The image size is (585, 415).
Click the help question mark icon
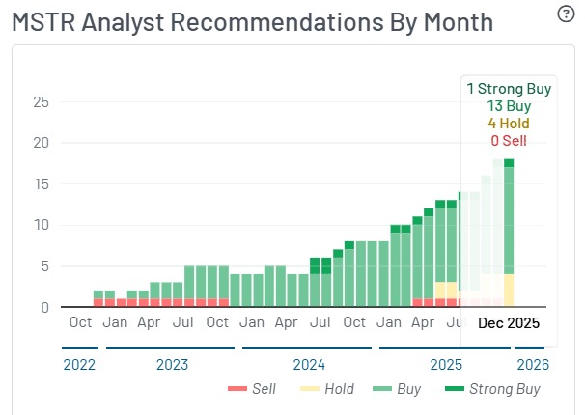(566, 14)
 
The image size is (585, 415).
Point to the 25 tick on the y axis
(42, 102)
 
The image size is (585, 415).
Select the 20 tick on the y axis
(42, 143)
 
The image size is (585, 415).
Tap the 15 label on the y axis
(42, 184)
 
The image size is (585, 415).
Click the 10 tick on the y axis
(42, 226)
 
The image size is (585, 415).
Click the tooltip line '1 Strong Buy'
(509, 89)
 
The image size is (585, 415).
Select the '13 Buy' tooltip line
(509, 106)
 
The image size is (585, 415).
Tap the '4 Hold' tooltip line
(509, 124)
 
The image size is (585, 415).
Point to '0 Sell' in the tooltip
(509, 141)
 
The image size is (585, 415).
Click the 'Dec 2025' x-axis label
(509, 323)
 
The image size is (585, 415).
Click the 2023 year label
(173, 366)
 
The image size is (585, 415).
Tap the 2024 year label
(309, 366)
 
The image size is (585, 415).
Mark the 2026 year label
(532, 366)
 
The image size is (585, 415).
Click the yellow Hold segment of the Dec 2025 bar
(509, 290)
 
